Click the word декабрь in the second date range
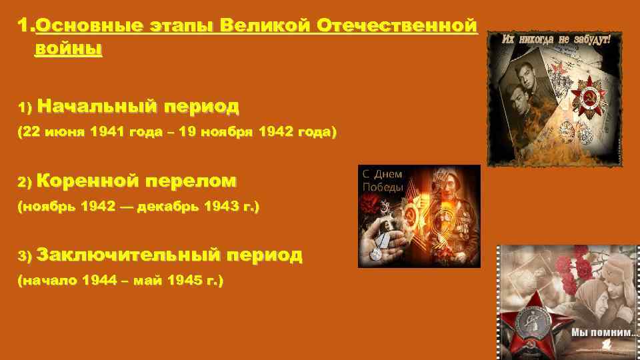point(164,207)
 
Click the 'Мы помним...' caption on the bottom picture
point(599,332)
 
